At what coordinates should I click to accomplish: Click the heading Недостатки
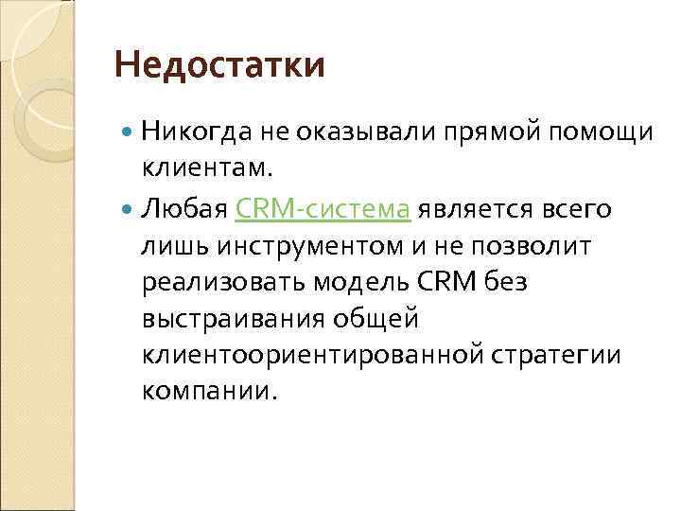[x=218, y=65]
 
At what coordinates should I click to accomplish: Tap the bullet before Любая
[x=129, y=208]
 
